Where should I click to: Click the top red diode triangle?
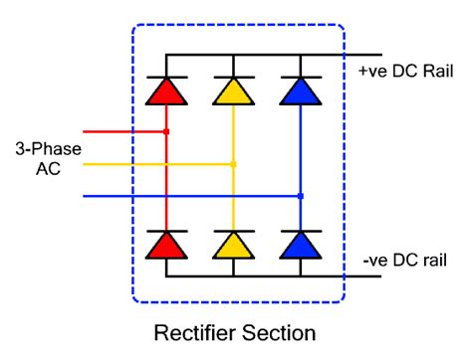click(166, 92)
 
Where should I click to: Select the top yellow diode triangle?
click(233, 92)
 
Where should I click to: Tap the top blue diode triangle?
click(300, 92)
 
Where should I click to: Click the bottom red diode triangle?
click(166, 246)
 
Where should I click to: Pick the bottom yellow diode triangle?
click(233, 246)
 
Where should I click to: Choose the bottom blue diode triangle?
click(300, 246)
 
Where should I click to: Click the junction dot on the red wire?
click(166, 131)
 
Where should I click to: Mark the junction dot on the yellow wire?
click(233, 164)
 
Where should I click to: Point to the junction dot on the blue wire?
click(300, 196)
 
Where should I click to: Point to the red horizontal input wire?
click(119, 131)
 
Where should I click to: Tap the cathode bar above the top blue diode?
click(300, 77)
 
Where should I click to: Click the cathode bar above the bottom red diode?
click(166, 230)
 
